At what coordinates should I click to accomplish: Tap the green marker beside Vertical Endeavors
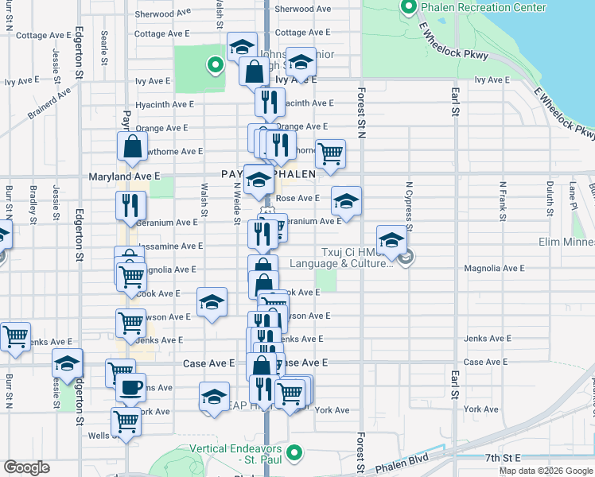295,454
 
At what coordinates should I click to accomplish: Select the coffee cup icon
131,389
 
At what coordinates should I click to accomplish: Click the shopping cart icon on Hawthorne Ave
330,153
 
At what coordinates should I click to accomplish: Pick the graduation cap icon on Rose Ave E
346,202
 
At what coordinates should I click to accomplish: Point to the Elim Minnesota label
566,242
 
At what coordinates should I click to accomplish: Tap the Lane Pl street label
573,195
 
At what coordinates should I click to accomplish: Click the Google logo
26,467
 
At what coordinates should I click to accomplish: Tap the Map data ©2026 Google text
545,471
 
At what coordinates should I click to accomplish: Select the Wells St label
99,435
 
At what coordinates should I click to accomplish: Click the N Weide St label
237,202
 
